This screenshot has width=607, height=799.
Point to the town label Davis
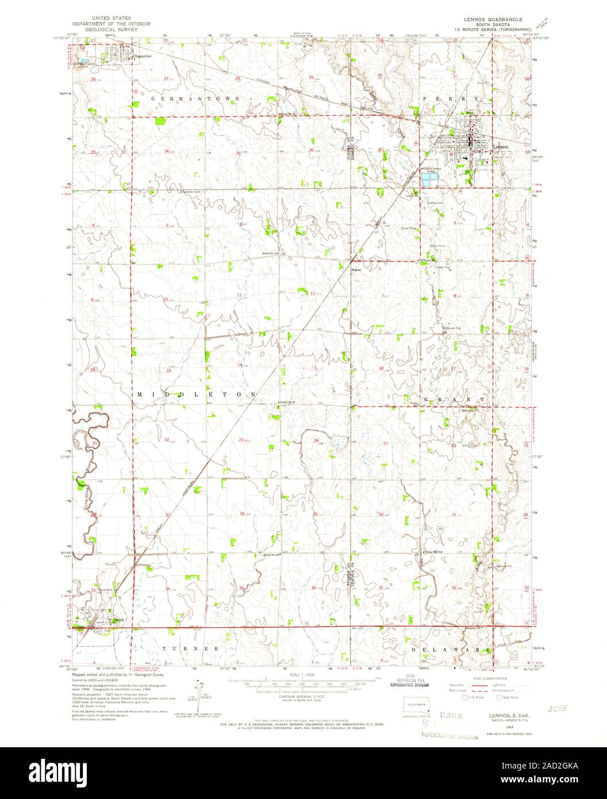(x=119, y=620)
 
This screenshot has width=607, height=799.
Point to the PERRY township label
(x=458, y=99)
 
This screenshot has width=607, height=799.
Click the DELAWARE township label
(x=452, y=649)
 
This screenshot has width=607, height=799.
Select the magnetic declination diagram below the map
(x=199, y=693)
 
